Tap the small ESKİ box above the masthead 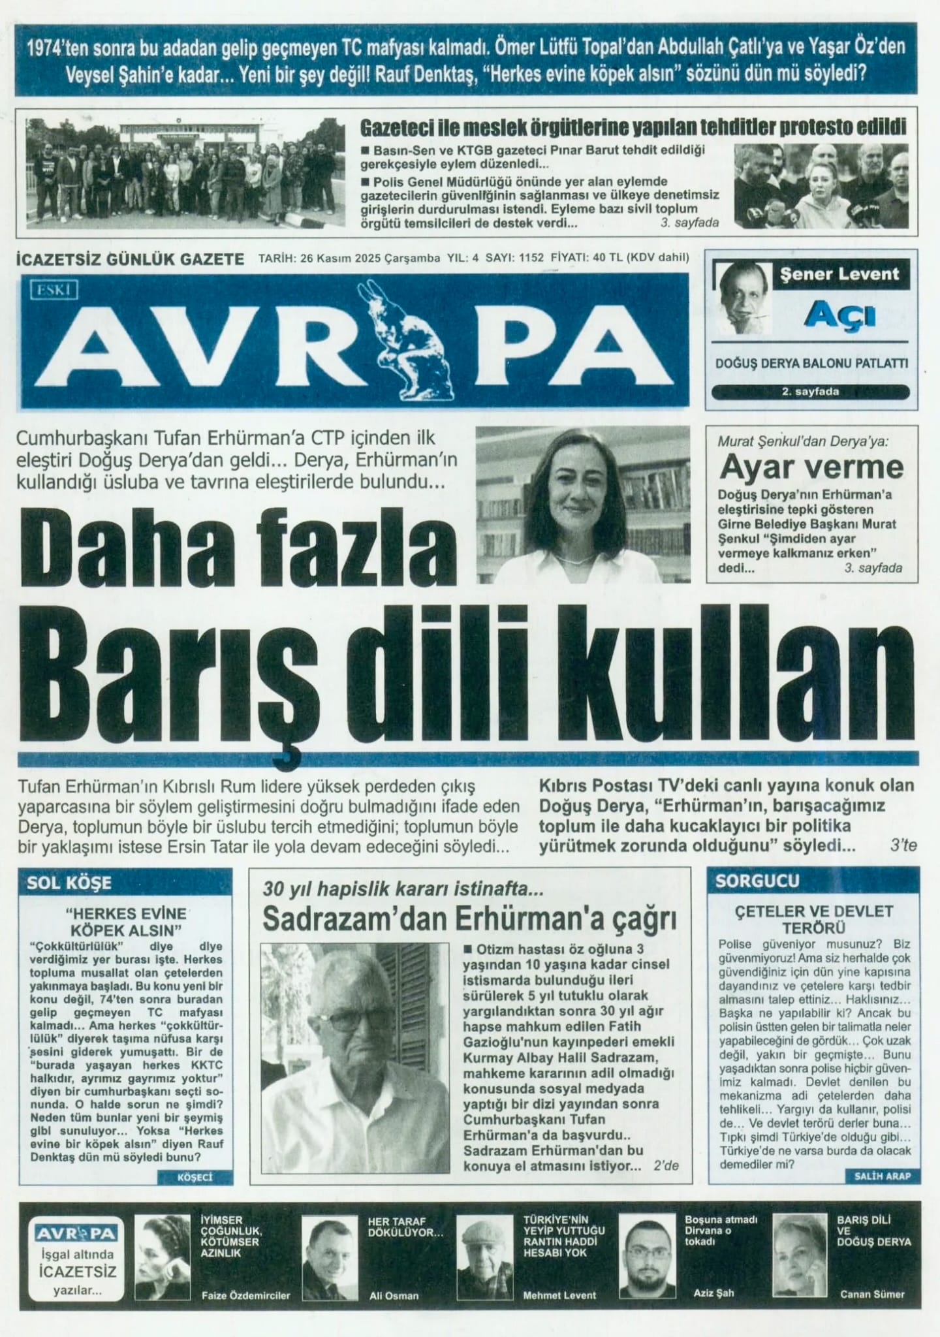pyautogui.click(x=54, y=290)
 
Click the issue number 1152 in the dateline pyautogui.click(x=531, y=258)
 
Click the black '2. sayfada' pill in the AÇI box pyautogui.click(x=809, y=392)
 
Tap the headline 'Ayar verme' pyautogui.click(x=811, y=467)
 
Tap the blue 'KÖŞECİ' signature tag pyautogui.click(x=195, y=1178)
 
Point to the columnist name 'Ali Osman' pyautogui.click(x=394, y=1295)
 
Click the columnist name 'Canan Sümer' pyautogui.click(x=872, y=1293)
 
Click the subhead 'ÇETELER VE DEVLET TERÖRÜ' pyautogui.click(x=813, y=919)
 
